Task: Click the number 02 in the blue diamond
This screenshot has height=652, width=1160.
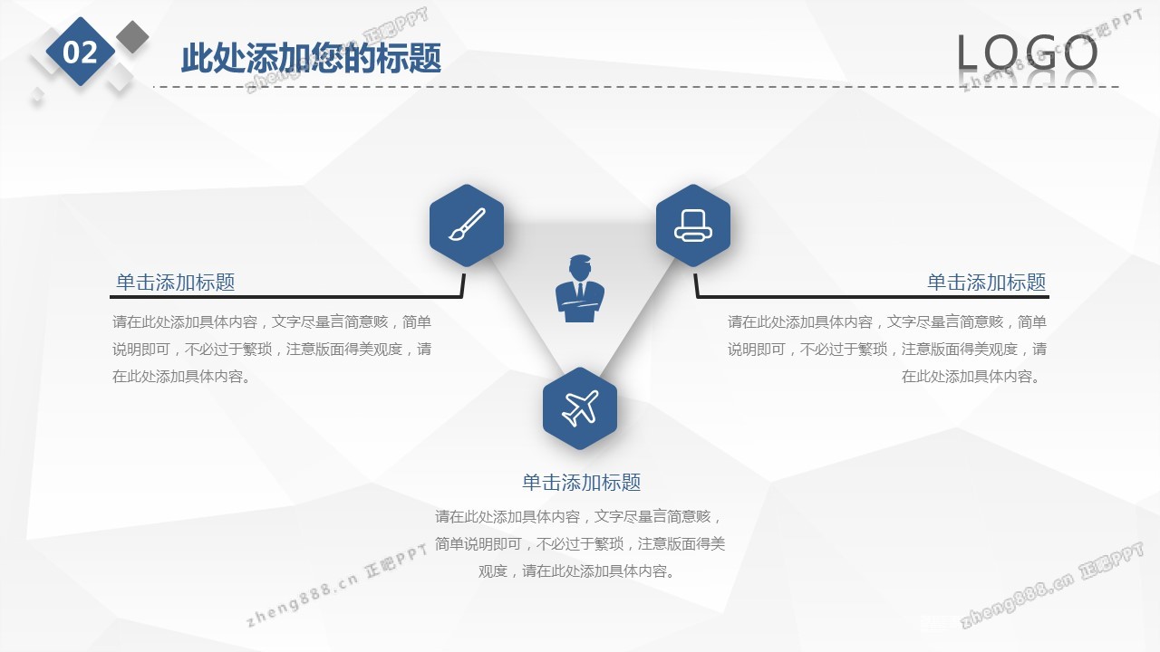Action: (81, 53)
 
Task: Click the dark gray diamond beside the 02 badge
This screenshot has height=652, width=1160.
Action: (132, 37)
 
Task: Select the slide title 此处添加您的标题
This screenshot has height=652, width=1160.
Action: (311, 59)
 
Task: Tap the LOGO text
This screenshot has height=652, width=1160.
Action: (1027, 53)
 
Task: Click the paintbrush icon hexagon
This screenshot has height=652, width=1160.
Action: (467, 225)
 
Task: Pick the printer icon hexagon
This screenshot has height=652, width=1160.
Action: (693, 225)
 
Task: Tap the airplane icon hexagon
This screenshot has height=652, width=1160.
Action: (580, 408)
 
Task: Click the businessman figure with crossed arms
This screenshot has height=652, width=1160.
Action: (580, 288)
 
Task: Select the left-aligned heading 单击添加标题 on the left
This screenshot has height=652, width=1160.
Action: (176, 283)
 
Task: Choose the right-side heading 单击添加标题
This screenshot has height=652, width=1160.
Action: (987, 283)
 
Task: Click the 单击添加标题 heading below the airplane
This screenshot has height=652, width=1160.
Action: (581, 483)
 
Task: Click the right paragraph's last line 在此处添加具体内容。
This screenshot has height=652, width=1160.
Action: (971, 376)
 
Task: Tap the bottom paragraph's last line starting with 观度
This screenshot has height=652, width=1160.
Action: (576, 571)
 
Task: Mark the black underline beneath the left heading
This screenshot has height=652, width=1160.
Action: (286, 296)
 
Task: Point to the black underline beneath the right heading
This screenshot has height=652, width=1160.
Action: (872, 296)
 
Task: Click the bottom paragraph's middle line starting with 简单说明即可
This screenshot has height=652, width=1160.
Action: (580, 544)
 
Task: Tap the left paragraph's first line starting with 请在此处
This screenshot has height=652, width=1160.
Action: (272, 321)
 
